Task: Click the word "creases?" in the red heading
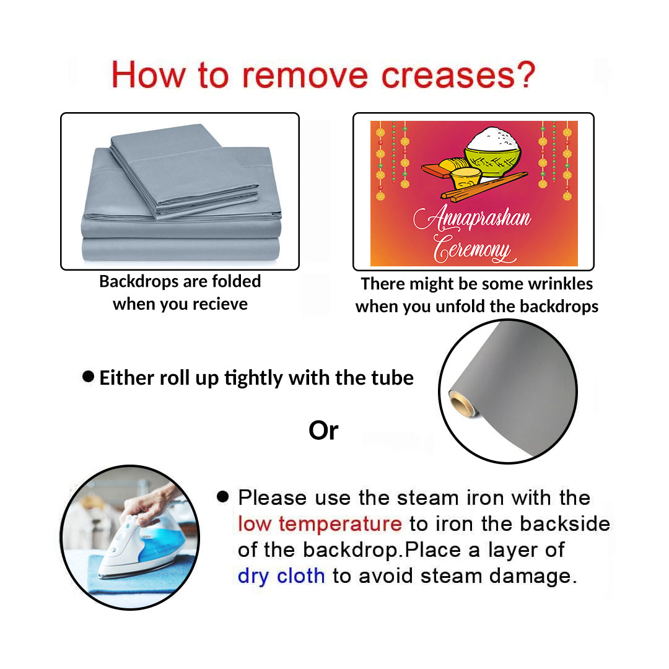coord(458,75)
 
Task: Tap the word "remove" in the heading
coord(305,76)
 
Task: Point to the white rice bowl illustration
coord(493,151)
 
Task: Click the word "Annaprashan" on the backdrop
coord(472,217)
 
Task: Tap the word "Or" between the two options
coord(323,431)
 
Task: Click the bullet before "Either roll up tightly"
coord(89,377)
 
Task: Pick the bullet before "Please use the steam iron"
coord(223,496)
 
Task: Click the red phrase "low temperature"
coord(320,523)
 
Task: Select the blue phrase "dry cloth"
coord(281,575)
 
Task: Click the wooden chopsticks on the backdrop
coord(484,187)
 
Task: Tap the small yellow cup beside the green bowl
coord(466,178)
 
